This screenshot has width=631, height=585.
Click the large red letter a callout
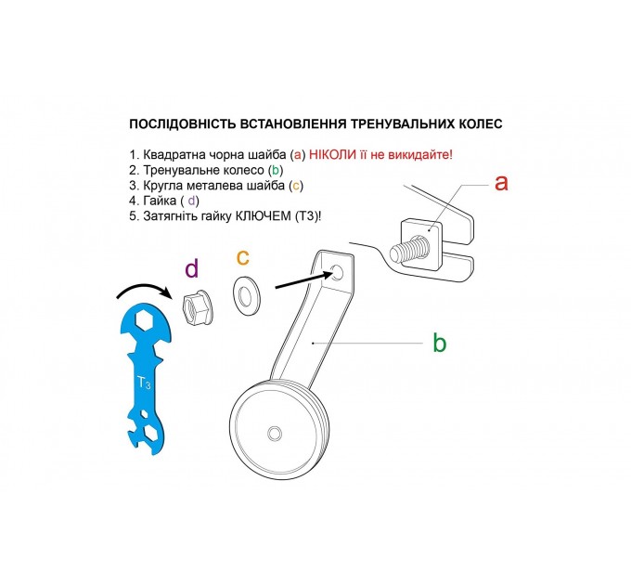pyautogui.click(x=501, y=182)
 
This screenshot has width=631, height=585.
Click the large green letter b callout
pyautogui.click(x=439, y=344)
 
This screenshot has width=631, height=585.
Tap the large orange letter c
pyautogui.click(x=243, y=256)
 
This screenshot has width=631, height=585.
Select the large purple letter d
pyautogui.click(x=191, y=269)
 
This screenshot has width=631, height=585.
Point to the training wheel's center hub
pyautogui.click(x=275, y=434)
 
